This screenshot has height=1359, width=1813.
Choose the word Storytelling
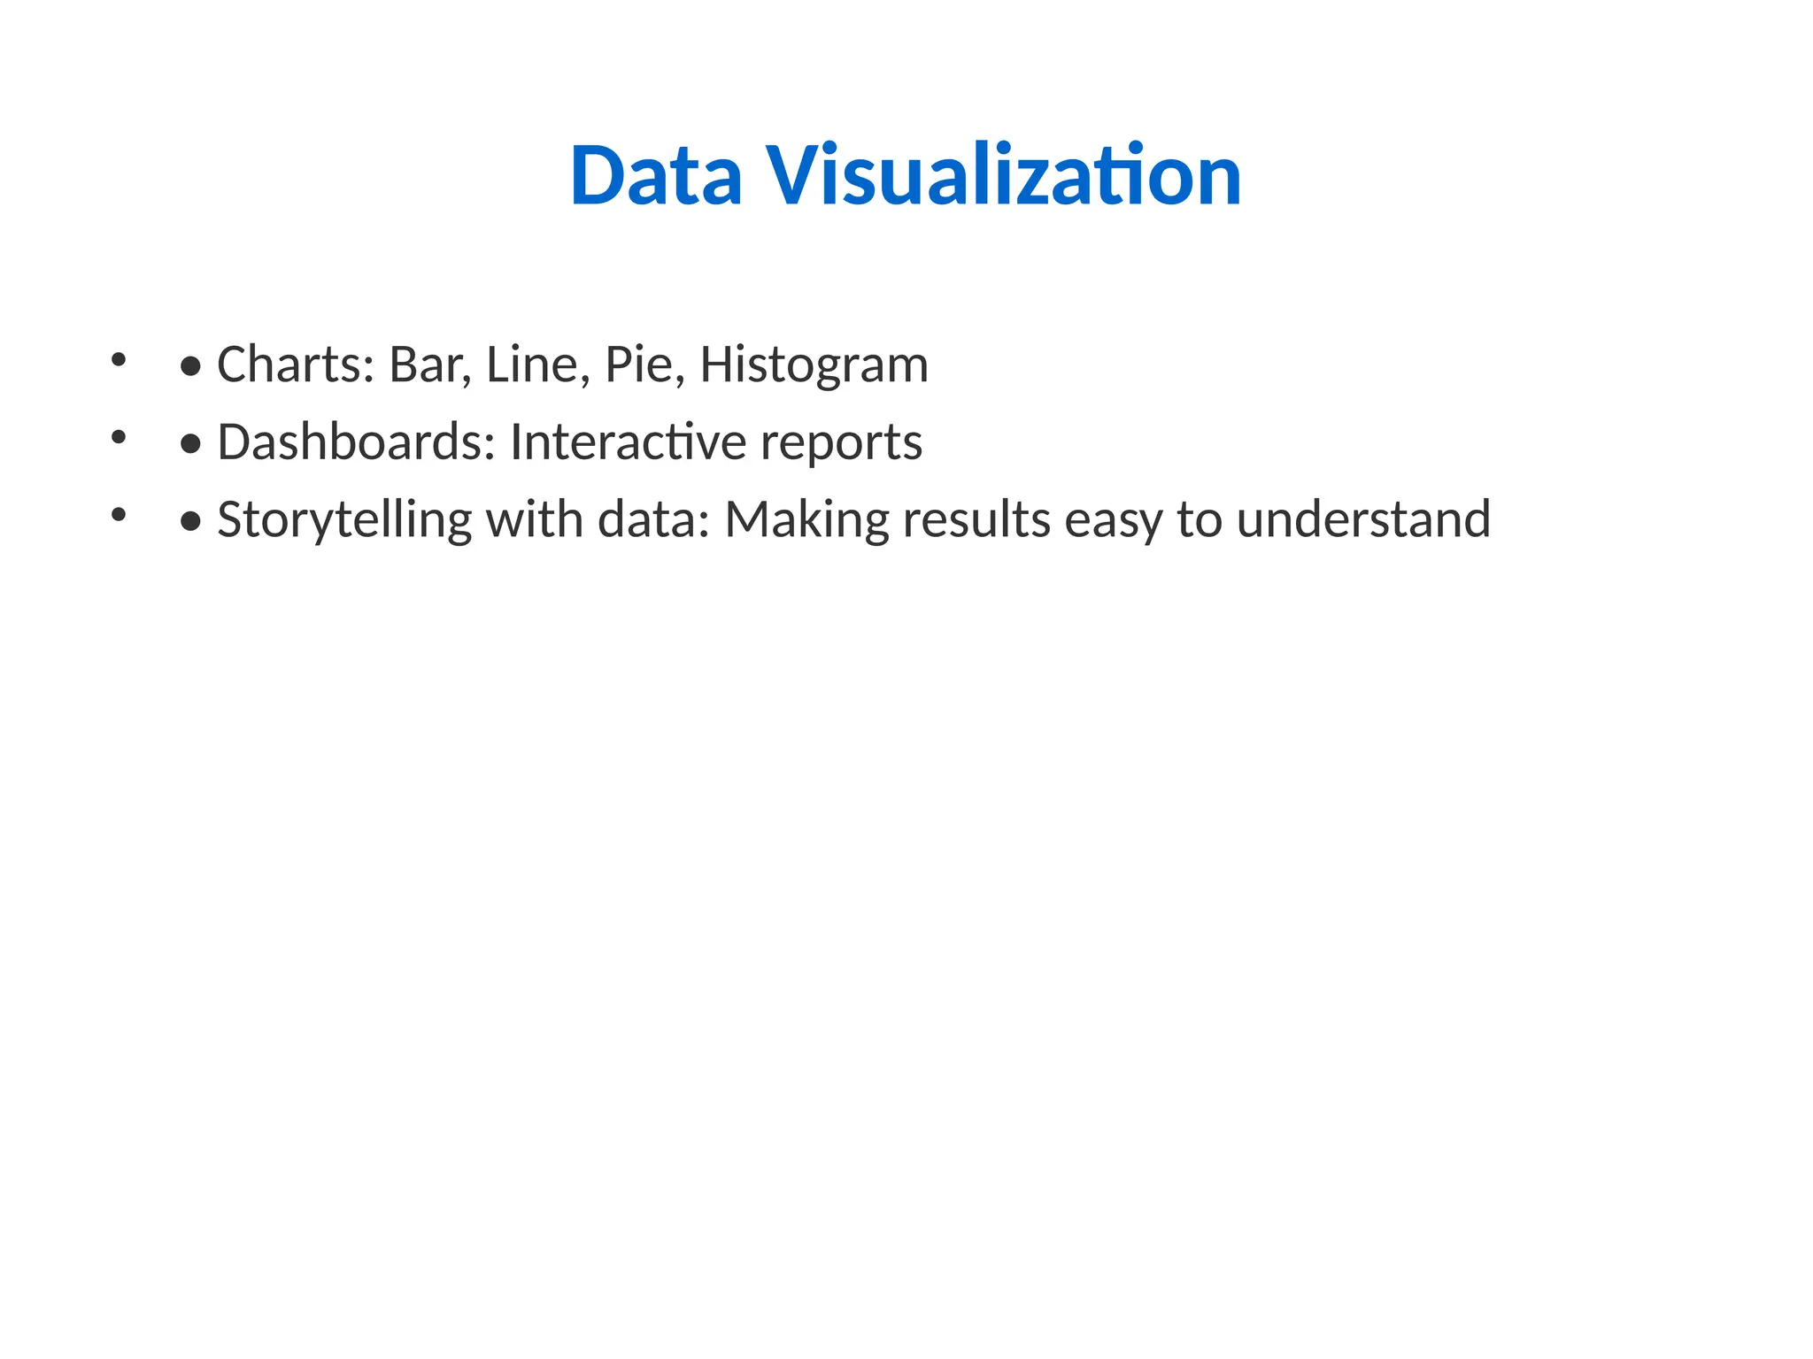point(344,520)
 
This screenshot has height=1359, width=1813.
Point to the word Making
point(806,520)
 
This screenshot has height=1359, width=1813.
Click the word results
point(976,518)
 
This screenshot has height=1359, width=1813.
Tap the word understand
point(1363,518)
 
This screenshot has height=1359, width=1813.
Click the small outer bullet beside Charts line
point(119,359)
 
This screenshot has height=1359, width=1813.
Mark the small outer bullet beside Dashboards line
point(119,436)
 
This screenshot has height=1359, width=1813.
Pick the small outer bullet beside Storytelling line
point(119,513)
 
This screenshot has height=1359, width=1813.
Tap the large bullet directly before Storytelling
point(190,521)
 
